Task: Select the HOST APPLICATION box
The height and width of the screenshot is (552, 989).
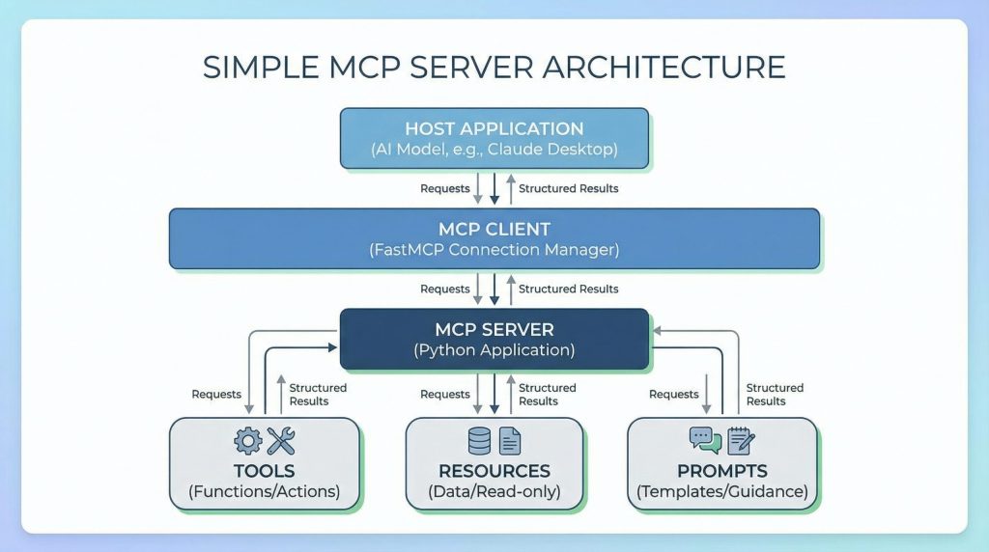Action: (x=494, y=138)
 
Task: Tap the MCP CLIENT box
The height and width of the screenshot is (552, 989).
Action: (x=494, y=238)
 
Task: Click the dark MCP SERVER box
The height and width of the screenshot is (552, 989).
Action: (x=494, y=338)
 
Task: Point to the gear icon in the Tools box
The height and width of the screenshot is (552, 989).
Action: (x=248, y=441)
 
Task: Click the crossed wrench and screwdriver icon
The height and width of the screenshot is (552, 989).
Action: (x=281, y=441)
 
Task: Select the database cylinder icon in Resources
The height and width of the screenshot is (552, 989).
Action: (x=479, y=441)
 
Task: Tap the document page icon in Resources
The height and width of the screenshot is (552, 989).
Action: (x=510, y=442)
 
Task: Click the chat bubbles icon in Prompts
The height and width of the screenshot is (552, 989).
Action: (x=705, y=440)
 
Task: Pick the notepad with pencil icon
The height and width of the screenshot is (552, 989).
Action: (x=741, y=441)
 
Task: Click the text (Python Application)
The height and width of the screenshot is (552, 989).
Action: (x=494, y=350)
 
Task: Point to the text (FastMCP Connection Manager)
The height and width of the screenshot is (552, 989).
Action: (x=494, y=250)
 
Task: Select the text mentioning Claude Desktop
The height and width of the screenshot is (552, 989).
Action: (x=494, y=150)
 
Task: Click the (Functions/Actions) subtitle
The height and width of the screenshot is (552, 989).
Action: (x=264, y=491)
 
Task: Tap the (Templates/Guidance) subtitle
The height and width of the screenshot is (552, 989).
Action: (x=721, y=491)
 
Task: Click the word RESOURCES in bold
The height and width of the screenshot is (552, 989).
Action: (x=494, y=471)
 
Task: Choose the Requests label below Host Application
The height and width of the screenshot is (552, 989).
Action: (x=445, y=188)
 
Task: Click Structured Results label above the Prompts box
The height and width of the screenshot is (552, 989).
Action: (x=775, y=394)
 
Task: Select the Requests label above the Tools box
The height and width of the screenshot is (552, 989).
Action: (x=216, y=394)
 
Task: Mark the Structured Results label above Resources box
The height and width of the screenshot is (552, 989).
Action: (x=547, y=394)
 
